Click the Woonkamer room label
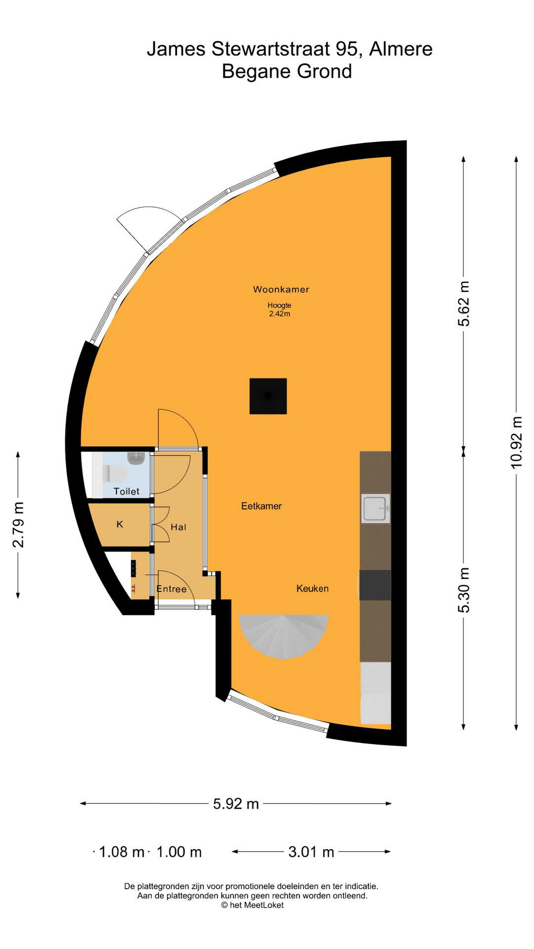tap(281, 290)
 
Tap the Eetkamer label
tap(262, 506)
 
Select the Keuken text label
tap(312, 588)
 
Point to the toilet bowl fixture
tap(115, 474)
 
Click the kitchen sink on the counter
tap(375, 509)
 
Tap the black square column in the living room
tap(268, 396)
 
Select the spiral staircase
tap(284, 636)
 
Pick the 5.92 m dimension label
tap(236, 804)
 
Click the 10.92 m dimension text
tap(516, 442)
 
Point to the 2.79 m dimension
tap(18, 525)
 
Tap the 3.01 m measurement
tap(311, 852)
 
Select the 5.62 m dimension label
tap(464, 304)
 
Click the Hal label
tap(178, 527)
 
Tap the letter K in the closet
tap(120, 524)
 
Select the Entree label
tap(172, 589)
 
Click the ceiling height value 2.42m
tap(279, 314)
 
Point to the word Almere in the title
tap(401, 49)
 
